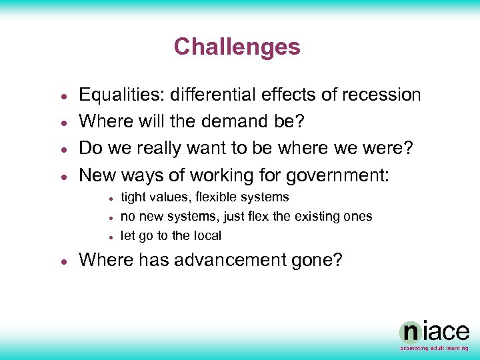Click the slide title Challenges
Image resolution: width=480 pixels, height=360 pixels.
coord(237,47)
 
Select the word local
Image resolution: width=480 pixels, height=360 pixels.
coord(207,236)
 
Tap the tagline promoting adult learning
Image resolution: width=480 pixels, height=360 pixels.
coord(434,348)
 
